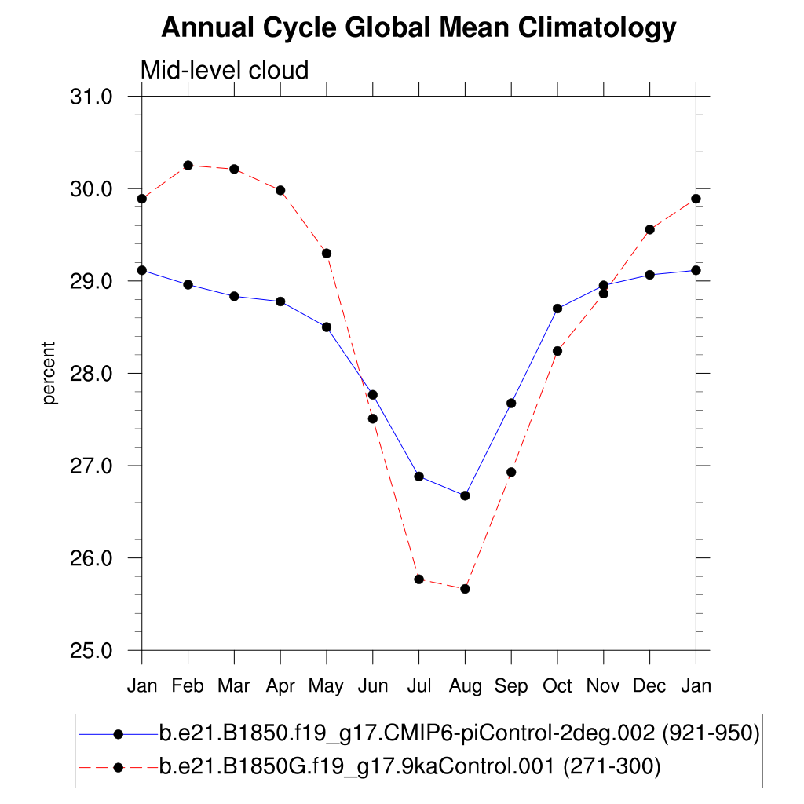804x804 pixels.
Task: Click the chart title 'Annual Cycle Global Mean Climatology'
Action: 418,28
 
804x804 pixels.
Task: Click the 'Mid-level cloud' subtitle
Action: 224,71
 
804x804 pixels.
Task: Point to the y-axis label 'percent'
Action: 49,373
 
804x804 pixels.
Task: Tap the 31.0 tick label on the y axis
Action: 92,97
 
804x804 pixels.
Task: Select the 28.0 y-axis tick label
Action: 92,374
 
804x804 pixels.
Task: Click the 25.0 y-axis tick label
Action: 92,651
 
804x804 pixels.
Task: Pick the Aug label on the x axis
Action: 465,686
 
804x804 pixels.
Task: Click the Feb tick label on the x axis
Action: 188,686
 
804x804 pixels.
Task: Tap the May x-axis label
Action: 326,686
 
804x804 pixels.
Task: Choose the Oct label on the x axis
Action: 557,686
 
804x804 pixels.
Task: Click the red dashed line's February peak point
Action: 188,165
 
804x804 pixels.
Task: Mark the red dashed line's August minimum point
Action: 465,589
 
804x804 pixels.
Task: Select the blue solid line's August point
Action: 465,495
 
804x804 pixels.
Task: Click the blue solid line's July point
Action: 418,477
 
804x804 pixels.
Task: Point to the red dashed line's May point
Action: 326,253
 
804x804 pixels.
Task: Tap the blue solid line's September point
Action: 511,403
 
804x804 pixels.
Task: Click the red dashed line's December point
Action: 649,229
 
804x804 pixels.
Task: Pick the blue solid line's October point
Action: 557,309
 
